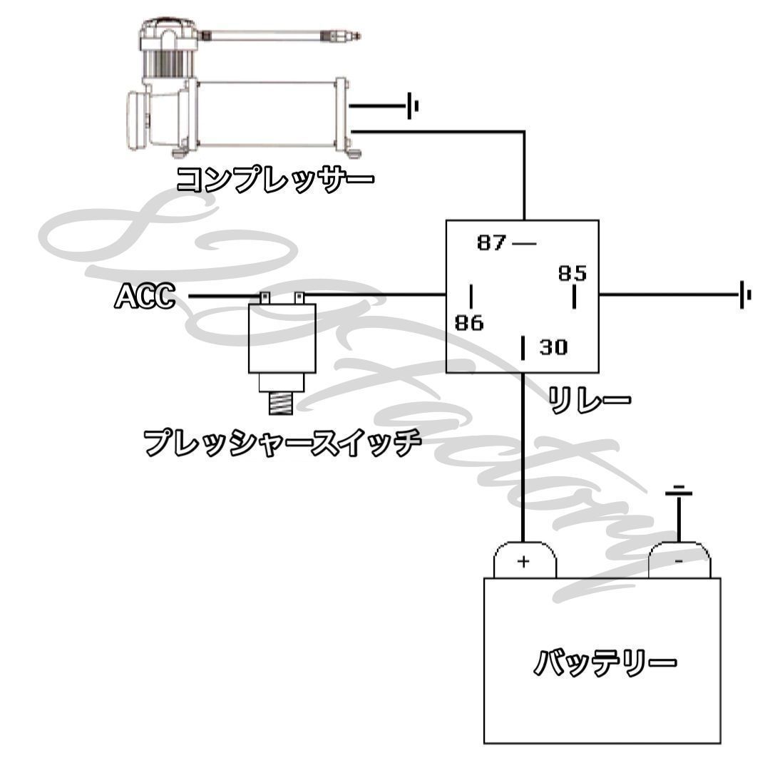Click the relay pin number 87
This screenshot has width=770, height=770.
(491, 243)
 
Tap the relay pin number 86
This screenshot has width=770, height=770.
(469, 323)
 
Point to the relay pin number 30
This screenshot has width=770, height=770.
(553, 347)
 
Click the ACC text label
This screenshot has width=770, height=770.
(145, 296)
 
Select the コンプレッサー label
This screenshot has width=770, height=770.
(274, 178)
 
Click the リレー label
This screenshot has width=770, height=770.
(589, 399)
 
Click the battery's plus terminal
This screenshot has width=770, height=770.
(524, 560)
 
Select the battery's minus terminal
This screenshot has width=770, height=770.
(679, 560)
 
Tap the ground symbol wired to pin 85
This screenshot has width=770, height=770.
(745, 294)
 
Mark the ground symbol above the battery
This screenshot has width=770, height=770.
(679, 491)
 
